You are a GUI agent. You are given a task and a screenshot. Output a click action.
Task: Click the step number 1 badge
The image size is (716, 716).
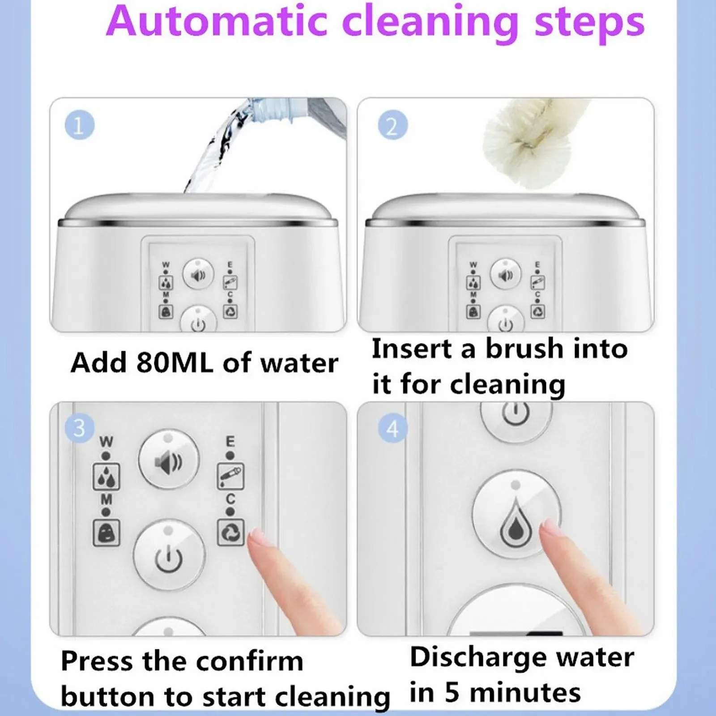(79, 125)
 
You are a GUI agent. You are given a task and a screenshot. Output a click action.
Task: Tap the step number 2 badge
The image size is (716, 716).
(392, 125)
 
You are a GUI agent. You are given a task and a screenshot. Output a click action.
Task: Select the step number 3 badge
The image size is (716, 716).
(79, 428)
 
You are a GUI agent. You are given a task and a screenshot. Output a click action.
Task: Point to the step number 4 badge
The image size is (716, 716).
(392, 428)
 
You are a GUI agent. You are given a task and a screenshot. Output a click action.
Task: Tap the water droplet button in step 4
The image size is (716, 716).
(516, 513)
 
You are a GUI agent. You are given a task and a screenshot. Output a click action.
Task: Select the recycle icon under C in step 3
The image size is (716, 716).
(230, 532)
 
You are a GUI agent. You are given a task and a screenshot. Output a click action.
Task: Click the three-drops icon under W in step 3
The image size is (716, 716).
(106, 477)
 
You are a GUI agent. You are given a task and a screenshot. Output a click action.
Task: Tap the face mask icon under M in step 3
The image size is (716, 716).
(106, 533)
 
